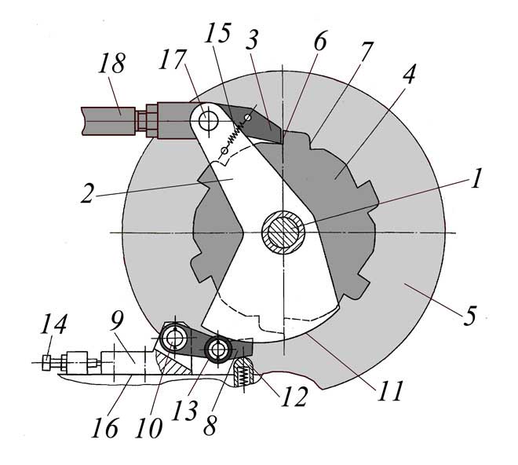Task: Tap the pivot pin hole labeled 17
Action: (208, 120)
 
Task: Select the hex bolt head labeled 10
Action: (173, 339)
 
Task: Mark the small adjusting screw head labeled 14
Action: (47, 362)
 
